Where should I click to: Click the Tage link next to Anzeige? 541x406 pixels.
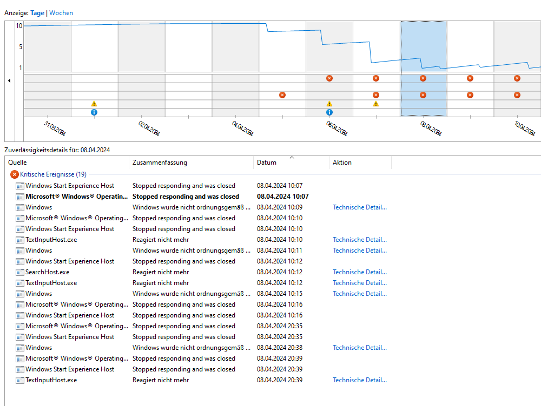click(37, 13)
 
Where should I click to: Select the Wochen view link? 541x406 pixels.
click(61, 13)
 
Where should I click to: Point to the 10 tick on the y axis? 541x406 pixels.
click(19, 26)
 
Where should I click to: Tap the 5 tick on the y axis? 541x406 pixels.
click(21, 47)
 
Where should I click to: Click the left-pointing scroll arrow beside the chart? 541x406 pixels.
click(9, 80)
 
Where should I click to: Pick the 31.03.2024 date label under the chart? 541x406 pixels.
click(55, 128)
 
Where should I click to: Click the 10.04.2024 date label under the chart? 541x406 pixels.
click(525, 128)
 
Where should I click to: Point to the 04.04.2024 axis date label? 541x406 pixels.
click(243, 128)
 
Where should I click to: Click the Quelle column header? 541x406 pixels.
click(17, 163)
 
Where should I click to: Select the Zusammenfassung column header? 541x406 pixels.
click(160, 163)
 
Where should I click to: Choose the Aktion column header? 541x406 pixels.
click(342, 163)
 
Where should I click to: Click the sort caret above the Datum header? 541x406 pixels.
click(292, 157)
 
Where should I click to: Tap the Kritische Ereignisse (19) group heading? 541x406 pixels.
click(53, 174)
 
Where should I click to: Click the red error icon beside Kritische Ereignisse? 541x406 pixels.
click(15, 174)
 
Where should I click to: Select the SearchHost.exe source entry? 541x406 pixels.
click(47, 272)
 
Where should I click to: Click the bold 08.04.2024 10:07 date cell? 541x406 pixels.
click(283, 197)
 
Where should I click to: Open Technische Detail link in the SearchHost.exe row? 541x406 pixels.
click(360, 272)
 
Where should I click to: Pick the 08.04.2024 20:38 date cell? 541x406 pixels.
click(280, 348)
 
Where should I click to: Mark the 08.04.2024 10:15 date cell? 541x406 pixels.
click(280, 294)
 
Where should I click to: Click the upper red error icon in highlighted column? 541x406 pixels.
click(423, 78)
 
